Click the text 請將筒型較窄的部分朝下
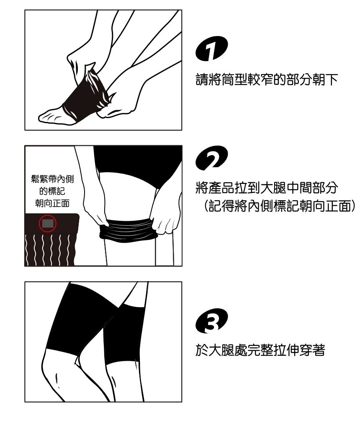(x=267, y=80)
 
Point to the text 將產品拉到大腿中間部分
(x=267, y=188)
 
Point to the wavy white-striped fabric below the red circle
(x=49, y=249)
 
